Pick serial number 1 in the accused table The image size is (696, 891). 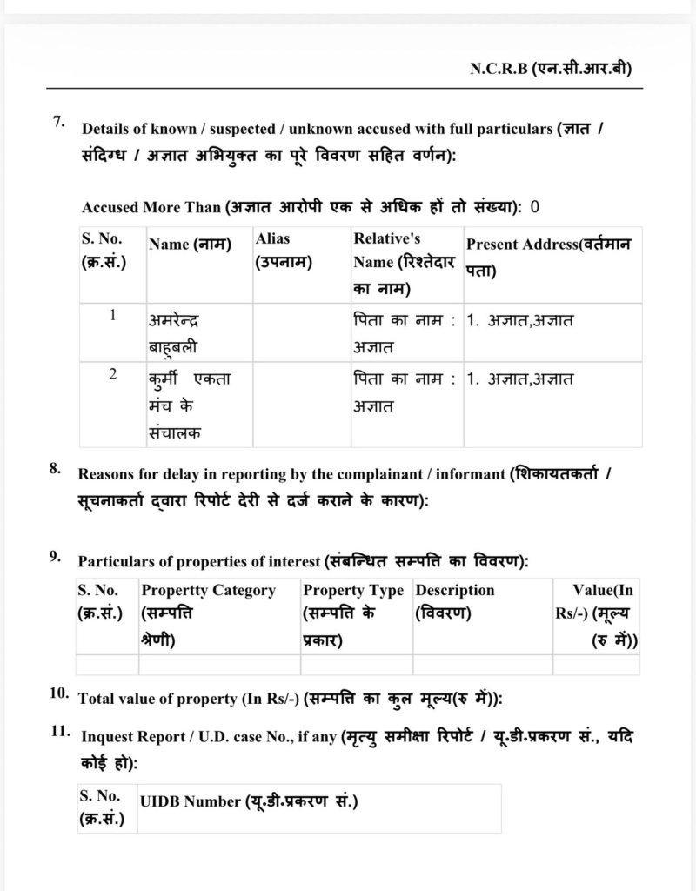pyautogui.click(x=112, y=316)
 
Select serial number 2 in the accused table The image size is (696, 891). pyautogui.click(x=112, y=374)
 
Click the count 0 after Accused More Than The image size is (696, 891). pyautogui.click(x=535, y=207)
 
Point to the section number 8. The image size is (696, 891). pyautogui.click(x=55, y=469)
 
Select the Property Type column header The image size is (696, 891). pyautogui.click(x=353, y=615)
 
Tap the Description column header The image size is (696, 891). pyautogui.click(x=455, y=601)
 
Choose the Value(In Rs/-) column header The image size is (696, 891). pyautogui.click(x=597, y=615)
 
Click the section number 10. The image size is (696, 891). pyautogui.click(x=59, y=693)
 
